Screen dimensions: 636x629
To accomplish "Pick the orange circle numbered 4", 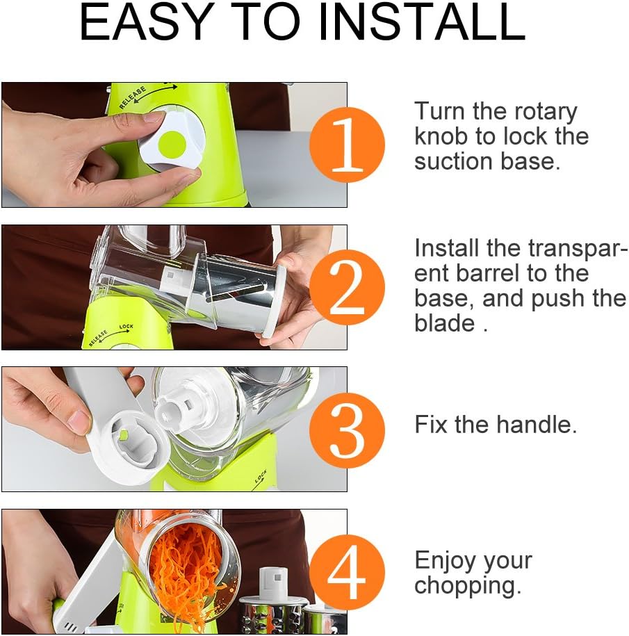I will tap(347, 572).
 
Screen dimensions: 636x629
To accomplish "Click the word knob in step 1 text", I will tap(442, 136).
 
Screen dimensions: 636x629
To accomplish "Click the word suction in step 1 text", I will tap(455, 161).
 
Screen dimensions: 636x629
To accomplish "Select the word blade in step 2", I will tap(445, 323).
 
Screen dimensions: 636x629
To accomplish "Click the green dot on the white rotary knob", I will tap(172, 145).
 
